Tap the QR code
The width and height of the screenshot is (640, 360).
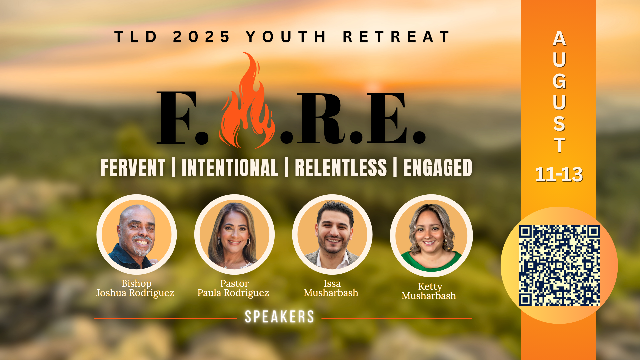tap(559, 265)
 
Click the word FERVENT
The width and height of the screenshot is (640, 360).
tap(133, 167)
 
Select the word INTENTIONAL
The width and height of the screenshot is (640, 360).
tap(230, 167)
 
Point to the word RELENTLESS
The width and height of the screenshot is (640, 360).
tap(341, 167)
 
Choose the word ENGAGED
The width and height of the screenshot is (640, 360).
tap(438, 167)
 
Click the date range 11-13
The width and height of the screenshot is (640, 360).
tap(559, 174)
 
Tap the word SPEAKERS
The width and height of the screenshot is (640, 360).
tap(279, 317)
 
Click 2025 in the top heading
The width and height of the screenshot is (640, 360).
tap(201, 37)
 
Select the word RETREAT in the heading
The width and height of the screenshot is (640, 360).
tap(396, 37)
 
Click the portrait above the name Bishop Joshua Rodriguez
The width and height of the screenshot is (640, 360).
tap(137, 234)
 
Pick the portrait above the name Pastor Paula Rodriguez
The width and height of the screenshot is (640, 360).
tap(234, 234)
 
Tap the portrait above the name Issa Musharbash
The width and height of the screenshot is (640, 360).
tap(332, 234)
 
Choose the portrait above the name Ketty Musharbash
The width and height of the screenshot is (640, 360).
tap(431, 236)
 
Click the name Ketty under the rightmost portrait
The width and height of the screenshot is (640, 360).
tap(430, 287)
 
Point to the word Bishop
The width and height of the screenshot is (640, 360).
tap(136, 284)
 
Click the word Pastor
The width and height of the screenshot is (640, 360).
tap(234, 284)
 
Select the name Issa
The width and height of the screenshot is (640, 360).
tap(332, 284)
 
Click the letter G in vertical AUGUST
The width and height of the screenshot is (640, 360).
tap(559, 81)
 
